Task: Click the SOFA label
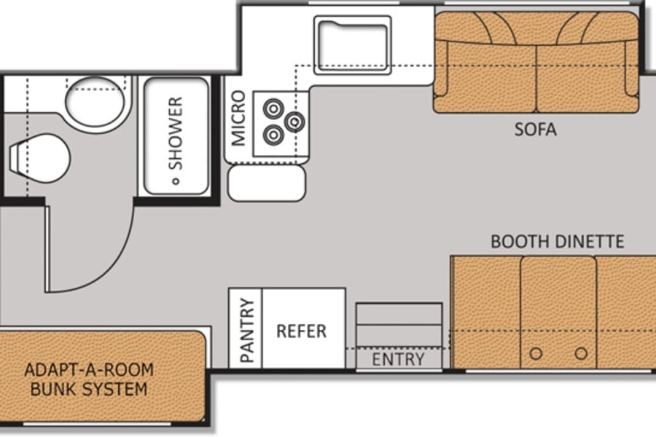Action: click(535, 130)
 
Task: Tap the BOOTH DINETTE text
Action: click(557, 242)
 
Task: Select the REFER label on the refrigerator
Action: click(301, 331)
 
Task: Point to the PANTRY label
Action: click(247, 330)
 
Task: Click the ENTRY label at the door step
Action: click(398, 359)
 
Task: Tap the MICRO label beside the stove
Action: click(238, 118)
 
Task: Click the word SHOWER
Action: click(176, 133)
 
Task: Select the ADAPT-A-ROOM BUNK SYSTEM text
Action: click(89, 379)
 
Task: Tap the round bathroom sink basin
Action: click(95, 102)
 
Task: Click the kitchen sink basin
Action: click(353, 45)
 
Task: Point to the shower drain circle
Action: click(176, 181)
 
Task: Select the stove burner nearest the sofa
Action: click(294, 122)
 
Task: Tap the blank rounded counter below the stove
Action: click(267, 183)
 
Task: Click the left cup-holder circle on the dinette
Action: click(536, 354)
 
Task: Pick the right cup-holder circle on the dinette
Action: click(581, 354)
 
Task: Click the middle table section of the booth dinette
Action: click(558, 312)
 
